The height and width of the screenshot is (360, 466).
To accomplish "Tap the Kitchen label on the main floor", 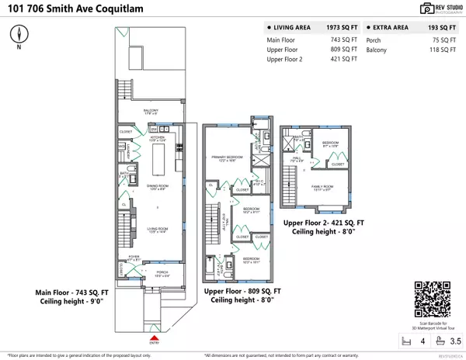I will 158,136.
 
